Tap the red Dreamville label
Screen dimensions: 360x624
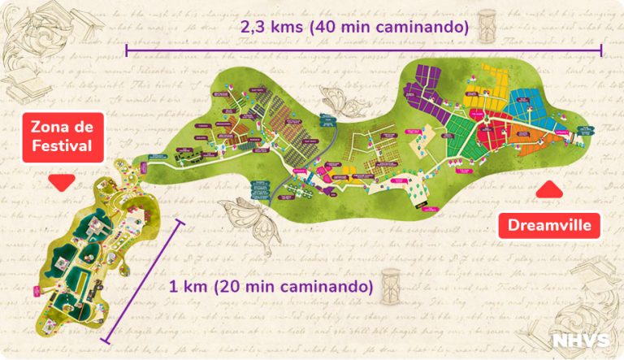point(549,224)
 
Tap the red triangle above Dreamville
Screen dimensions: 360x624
point(550,189)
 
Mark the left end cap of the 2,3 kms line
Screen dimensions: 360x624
point(127,50)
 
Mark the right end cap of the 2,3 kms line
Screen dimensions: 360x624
point(601,50)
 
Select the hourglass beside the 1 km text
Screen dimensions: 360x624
point(392,280)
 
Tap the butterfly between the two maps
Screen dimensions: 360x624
point(244,215)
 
